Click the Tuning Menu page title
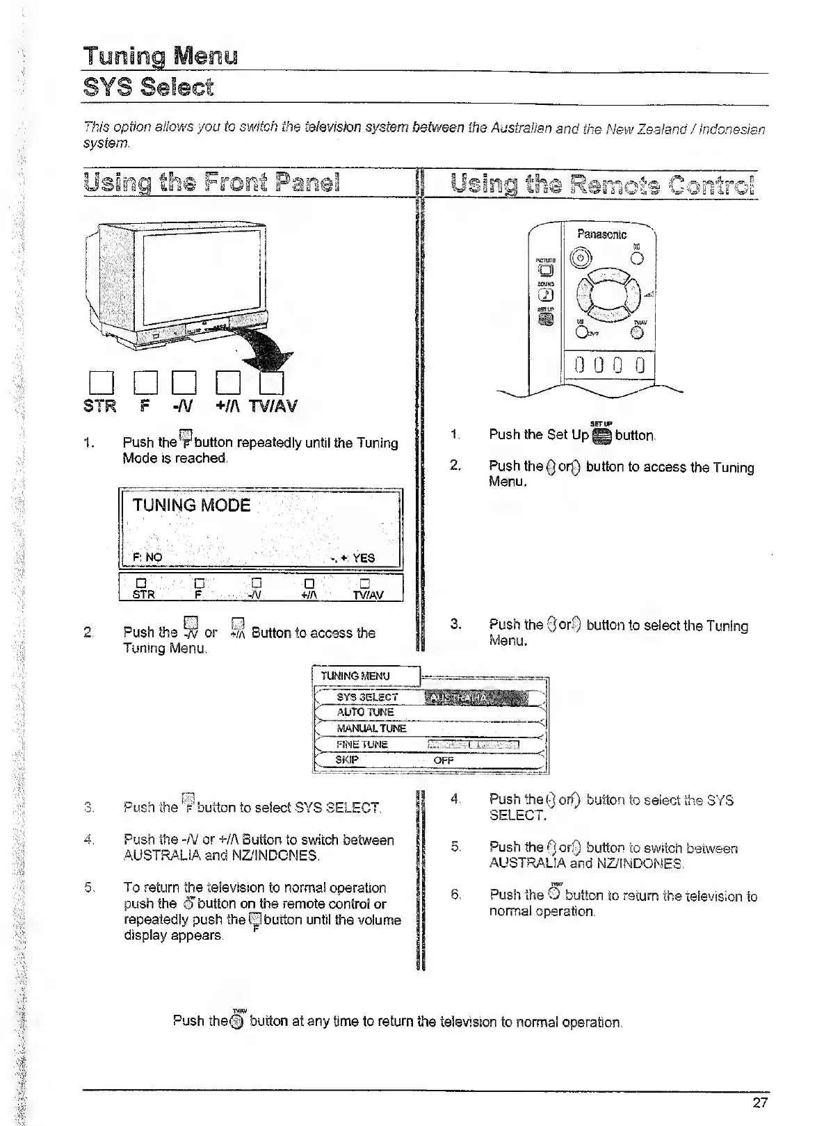coord(161,56)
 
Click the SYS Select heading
coord(148,88)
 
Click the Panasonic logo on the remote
coord(601,235)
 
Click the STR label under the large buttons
coord(100,406)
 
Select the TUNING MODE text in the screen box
coord(191,505)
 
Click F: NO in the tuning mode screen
coord(147,557)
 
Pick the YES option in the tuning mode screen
coord(363,557)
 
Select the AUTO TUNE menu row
coord(365,712)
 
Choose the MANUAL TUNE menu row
coord(371,728)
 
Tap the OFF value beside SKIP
coord(443,760)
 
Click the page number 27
coord(759,1102)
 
